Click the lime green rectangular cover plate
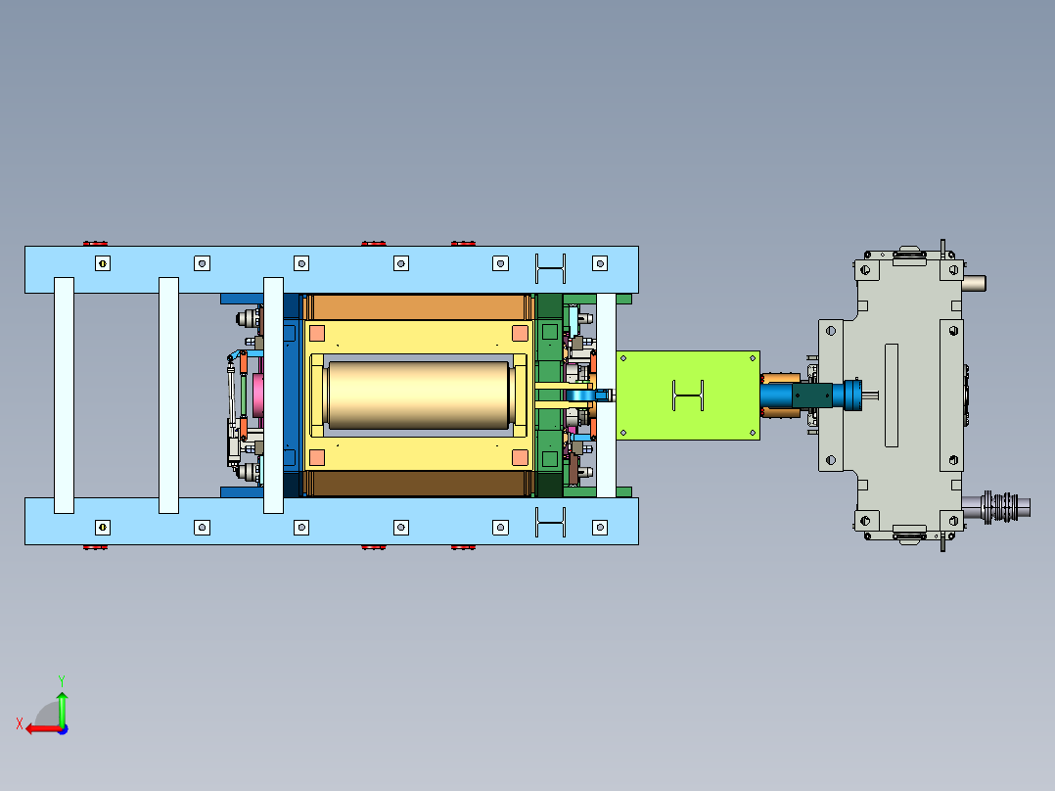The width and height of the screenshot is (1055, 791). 688,395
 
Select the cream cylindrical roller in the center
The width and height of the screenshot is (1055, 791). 418,395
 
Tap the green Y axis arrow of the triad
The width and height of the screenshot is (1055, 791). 62,708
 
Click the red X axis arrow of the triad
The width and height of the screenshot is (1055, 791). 43,728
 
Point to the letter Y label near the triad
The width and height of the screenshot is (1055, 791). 62,680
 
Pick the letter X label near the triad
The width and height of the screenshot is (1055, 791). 20,724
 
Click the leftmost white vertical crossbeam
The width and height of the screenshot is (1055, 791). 64,395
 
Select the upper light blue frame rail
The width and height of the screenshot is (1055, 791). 332,269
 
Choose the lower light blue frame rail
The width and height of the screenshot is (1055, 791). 332,521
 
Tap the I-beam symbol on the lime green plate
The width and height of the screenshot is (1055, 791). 688,395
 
